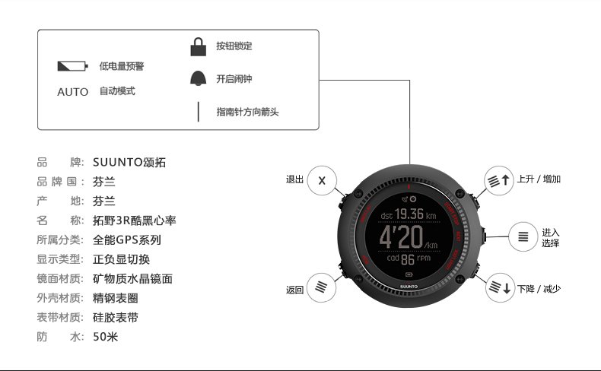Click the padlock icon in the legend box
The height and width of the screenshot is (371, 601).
[199, 47]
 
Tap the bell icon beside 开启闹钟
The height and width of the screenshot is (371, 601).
[199, 78]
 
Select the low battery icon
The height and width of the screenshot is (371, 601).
[73, 67]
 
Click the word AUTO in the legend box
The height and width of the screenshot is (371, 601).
[73, 92]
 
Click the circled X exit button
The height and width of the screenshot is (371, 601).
[322, 181]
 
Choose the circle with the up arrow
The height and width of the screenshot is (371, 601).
[500, 180]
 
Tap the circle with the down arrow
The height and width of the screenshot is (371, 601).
[500, 288]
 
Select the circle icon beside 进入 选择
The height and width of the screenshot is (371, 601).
[523, 236]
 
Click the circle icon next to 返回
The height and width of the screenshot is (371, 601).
[322, 288]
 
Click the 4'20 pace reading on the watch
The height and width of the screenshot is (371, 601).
[402, 236]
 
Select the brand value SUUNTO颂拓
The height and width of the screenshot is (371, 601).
[129, 162]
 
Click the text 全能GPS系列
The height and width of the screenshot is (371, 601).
[126, 239]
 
